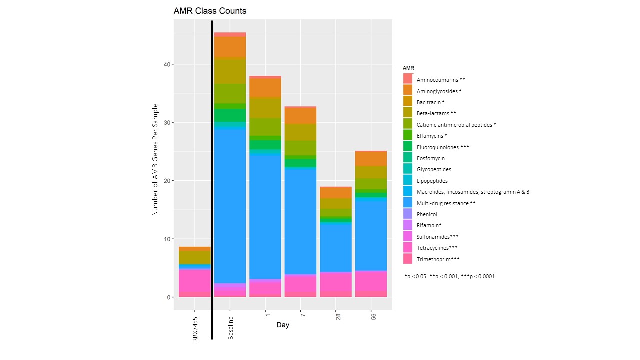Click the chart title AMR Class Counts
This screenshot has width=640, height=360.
coord(210,11)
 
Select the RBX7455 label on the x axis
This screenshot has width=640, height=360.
coord(195,328)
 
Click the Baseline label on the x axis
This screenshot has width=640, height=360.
coord(231,328)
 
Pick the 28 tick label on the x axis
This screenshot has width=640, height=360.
coord(338,317)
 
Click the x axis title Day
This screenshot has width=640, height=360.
coord(282,325)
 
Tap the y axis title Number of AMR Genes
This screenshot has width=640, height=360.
coord(155,160)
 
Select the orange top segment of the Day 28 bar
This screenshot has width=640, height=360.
coord(336,192)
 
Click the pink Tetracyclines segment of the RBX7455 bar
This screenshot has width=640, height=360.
coord(195,280)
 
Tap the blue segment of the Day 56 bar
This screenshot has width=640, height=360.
coord(371,235)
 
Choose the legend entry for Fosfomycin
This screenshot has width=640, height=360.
coord(430,158)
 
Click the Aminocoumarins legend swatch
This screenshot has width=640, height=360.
coord(408,79)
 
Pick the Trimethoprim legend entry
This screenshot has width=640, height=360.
coord(438,259)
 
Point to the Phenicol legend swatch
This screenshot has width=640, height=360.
coord(408,214)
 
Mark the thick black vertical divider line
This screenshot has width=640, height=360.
coord(212,180)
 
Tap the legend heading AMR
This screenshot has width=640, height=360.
coord(408,68)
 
